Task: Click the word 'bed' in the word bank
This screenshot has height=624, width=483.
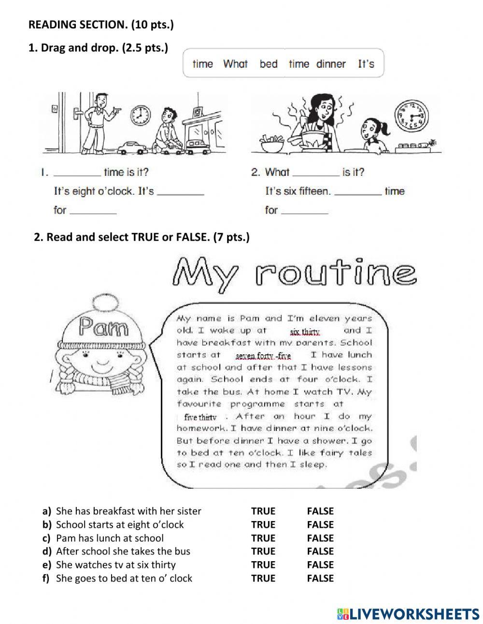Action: click(269, 64)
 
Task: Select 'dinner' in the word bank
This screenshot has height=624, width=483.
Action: click(331, 64)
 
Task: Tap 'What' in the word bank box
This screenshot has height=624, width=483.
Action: click(235, 64)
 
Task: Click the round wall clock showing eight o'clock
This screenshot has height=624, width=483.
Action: click(140, 115)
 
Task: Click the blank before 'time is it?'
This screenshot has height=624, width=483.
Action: click(77, 173)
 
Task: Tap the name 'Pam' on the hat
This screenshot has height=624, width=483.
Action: click(104, 327)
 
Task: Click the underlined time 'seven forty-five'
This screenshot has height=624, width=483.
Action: click(263, 356)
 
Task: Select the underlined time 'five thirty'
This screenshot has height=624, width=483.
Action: click(200, 417)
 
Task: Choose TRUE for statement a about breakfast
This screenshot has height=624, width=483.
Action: click(263, 511)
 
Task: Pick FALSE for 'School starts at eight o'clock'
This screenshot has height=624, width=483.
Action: click(320, 524)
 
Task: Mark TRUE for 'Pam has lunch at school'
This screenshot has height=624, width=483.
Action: click(263, 538)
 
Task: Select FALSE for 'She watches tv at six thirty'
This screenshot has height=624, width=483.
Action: click(320, 565)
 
